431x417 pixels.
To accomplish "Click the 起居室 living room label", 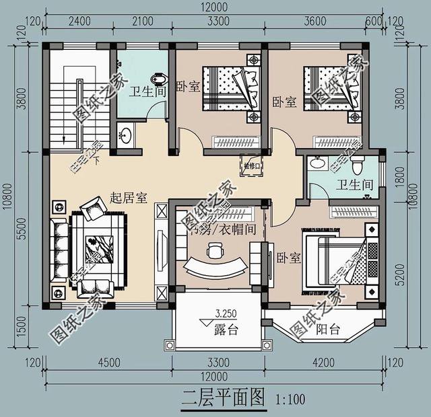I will (130, 198).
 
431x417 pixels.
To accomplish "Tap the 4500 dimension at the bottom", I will (107, 364).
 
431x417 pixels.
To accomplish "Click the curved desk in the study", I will (215, 267).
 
